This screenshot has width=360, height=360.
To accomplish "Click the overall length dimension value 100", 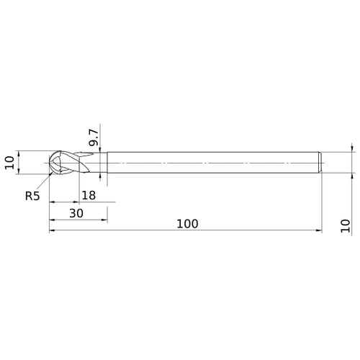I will [186, 224].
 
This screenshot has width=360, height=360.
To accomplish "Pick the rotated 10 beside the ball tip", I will [9, 162].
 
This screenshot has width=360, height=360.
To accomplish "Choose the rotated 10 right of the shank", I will [345, 227].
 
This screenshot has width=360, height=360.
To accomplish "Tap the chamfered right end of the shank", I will [319, 162].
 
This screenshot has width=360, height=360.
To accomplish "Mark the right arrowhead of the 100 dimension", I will [318, 231].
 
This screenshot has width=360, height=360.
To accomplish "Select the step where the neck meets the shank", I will [107, 162].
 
